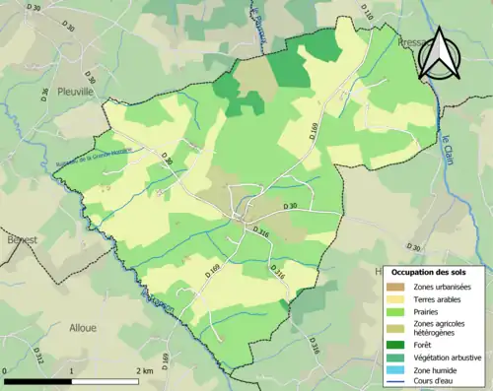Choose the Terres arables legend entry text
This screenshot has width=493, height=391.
click(440, 299)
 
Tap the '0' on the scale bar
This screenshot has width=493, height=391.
click(6, 372)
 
